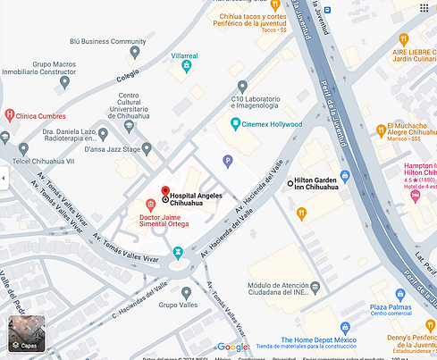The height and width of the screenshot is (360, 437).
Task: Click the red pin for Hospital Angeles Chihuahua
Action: (164, 191)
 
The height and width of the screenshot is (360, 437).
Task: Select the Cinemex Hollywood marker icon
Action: (232, 124)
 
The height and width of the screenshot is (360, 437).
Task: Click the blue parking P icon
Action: (227, 161)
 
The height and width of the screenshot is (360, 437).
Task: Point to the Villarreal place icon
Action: (186, 65)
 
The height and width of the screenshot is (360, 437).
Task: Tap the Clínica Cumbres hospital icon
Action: (9, 114)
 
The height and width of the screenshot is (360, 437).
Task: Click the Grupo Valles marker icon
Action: (186, 292)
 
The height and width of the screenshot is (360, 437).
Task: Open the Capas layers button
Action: (24, 334)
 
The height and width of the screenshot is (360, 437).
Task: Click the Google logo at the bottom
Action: (232, 347)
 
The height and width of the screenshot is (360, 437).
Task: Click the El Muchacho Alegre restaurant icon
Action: (380, 128)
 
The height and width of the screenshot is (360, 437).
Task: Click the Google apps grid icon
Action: (422, 9)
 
